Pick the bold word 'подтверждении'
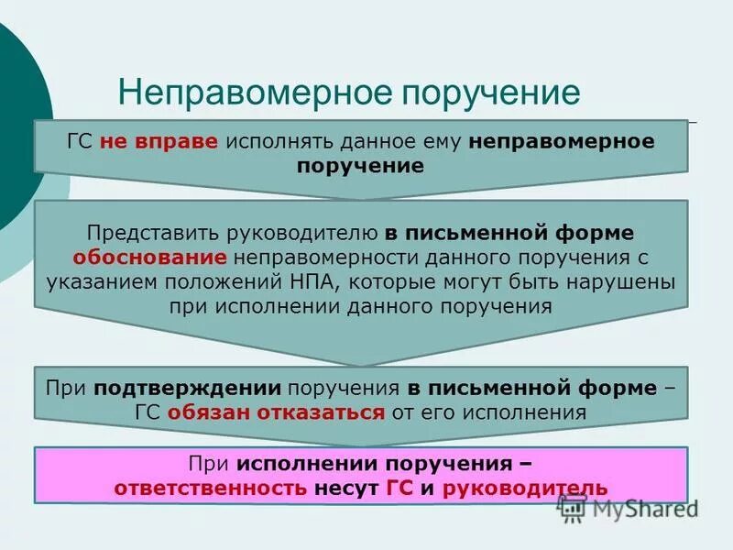[178, 388]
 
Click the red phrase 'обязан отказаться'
[276, 412]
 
